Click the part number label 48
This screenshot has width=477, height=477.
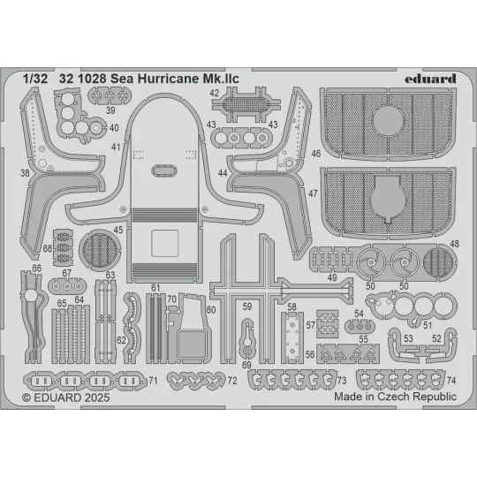[x=453, y=243]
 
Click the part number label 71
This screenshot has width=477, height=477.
[x=153, y=381]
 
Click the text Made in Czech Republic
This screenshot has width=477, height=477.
[x=395, y=397]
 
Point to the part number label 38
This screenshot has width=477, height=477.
[x=24, y=173]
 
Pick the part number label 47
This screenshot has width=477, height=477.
[x=314, y=192]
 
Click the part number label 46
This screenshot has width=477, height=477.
[x=314, y=154]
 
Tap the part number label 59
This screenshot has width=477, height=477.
[x=247, y=307]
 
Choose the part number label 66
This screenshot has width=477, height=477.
[x=36, y=269]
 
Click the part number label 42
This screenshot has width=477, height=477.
[x=215, y=94]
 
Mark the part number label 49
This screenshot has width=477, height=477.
[x=332, y=278]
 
